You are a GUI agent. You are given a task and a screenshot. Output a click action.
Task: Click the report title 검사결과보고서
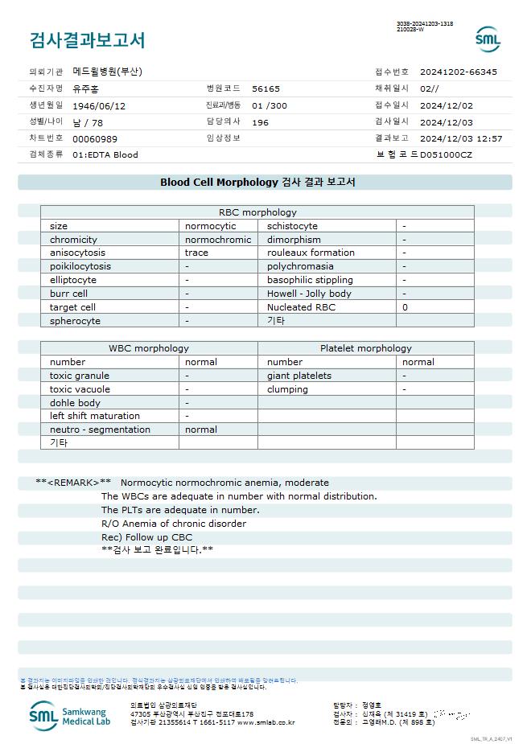[x=87, y=40]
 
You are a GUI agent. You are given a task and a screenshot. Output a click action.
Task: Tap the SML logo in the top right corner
[x=488, y=39]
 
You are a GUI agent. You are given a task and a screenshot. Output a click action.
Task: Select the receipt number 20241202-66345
[x=458, y=72]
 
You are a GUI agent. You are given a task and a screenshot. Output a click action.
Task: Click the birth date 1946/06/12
[x=99, y=105]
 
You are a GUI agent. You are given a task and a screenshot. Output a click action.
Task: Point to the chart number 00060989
[x=95, y=138]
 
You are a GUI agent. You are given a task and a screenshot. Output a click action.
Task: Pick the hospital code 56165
[x=266, y=88]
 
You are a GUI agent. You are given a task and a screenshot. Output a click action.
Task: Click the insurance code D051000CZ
[x=446, y=154]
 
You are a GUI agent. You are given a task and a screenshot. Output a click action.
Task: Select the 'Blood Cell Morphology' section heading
[x=257, y=183]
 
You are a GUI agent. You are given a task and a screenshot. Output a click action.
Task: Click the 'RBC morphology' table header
[x=257, y=212]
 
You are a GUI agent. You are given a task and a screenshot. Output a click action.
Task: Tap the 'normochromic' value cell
[x=218, y=240]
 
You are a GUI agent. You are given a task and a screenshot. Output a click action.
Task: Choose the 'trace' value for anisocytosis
[x=196, y=253]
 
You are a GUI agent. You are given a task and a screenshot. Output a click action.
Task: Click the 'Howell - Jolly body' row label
[x=309, y=294]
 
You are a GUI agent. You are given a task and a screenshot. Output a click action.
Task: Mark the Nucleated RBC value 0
[x=405, y=307]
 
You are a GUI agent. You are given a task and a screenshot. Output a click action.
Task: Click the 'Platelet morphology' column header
[x=365, y=348]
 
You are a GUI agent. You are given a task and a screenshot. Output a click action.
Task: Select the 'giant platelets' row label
[x=299, y=376]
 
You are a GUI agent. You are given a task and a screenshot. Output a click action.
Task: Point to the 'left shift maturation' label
[x=95, y=416]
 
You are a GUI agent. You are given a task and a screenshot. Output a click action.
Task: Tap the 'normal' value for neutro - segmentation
[x=201, y=430]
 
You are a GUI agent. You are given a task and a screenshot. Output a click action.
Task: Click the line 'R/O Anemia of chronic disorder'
[x=174, y=524]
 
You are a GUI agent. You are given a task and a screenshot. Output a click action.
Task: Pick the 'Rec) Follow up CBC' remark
[x=146, y=537]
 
